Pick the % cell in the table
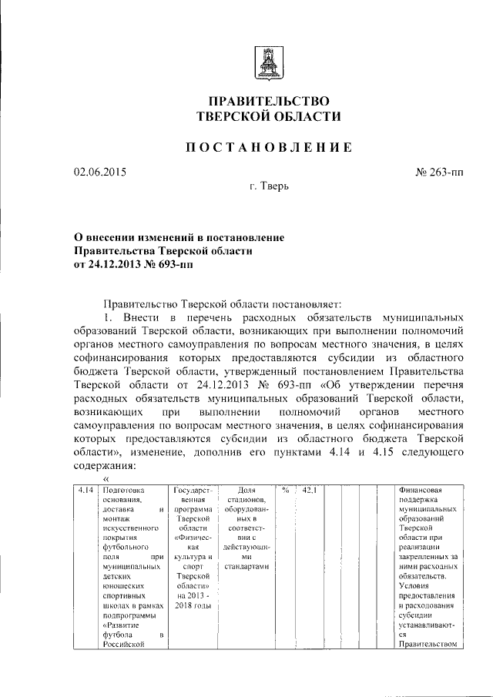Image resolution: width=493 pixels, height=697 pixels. [x=285, y=489]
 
